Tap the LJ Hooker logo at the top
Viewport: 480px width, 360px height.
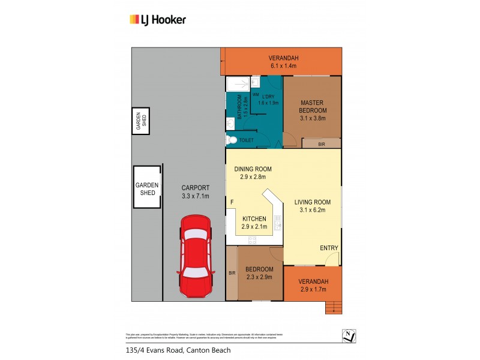tap(158, 20)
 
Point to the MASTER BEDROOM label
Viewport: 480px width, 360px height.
tap(313, 107)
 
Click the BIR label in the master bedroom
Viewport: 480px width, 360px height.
tap(321, 144)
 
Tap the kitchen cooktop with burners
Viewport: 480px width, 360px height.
tap(253, 240)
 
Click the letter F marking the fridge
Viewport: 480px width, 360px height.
tap(231, 203)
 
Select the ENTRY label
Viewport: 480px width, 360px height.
tap(328, 248)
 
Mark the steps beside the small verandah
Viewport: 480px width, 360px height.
tap(332, 307)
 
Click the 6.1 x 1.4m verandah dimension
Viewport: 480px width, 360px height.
tap(284, 65)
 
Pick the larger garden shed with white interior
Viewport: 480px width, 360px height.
tap(148, 187)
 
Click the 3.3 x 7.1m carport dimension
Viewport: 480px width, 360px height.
tap(196, 196)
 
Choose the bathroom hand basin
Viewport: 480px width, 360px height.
tap(230, 123)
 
